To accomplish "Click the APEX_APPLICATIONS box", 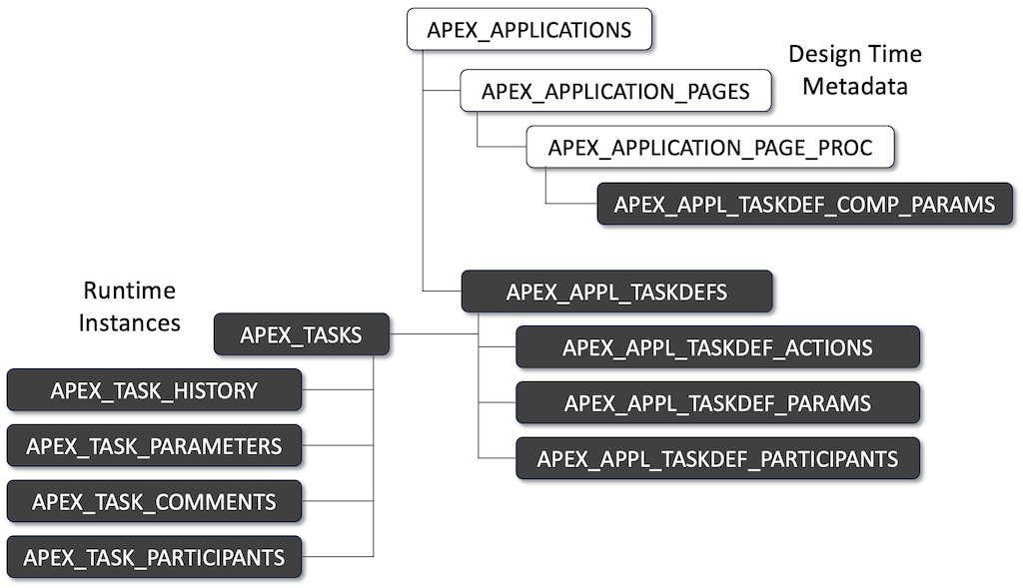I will [x=528, y=30].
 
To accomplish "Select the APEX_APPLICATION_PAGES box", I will [x=615, y=91].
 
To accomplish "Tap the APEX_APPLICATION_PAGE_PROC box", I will [x=709, y=148].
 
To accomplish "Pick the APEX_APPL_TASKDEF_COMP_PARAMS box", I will [x=804, y=205].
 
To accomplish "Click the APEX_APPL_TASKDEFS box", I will [x=615, y=292].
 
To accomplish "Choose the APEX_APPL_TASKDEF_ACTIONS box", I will [x=716, y=347].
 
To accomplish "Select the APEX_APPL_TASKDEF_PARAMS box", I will [x=716, y=403].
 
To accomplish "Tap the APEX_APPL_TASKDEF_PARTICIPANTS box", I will [x=716, y=459].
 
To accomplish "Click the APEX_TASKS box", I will [x=301, y=334].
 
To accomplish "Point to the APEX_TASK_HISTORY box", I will [x=154, y=390].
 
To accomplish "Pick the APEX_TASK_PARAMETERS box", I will [x=154, y=446].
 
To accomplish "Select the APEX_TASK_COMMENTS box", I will [x=154, y=501].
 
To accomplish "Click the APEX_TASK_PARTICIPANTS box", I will [x=154, y=557].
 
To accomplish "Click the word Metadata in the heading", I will [x=855, y=86].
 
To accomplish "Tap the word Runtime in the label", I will [x=129, y=292].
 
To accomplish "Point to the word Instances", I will [x=129, y=322].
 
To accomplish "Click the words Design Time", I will [x=855, y=54].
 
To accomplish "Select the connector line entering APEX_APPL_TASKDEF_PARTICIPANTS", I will [x=497, y=458].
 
